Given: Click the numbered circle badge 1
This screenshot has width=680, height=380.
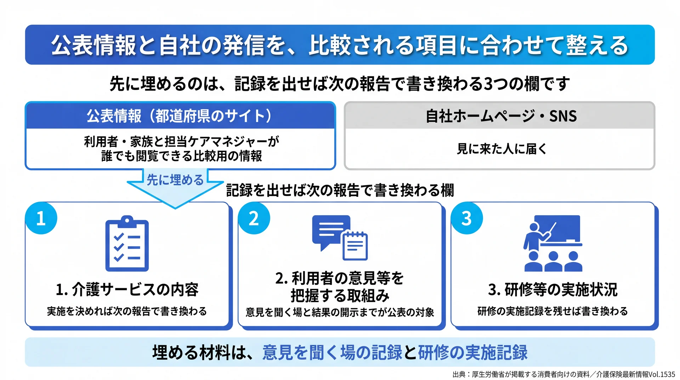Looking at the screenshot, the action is [x=41, y=218].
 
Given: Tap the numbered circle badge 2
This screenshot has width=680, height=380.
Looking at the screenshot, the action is [x=254, y=218].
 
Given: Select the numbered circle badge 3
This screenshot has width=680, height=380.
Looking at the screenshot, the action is [x=467, y=218].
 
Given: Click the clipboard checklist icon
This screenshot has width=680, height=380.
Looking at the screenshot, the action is [x=127, y=244].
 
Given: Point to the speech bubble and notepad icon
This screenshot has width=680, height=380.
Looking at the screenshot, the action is [x=340, y=238].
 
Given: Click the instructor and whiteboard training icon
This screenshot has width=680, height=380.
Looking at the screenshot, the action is [x=553, y=243].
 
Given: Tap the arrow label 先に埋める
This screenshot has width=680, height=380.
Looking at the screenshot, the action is [x=175, y=180].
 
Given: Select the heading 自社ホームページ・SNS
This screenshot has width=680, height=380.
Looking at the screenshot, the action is [x=501, y=116].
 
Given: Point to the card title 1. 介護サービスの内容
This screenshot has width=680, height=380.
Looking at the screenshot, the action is [x=127, y=290].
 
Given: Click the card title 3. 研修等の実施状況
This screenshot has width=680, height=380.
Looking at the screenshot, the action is [x=553, y=290].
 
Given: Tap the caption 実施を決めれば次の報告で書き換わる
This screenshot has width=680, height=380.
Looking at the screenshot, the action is [x=127, y=311].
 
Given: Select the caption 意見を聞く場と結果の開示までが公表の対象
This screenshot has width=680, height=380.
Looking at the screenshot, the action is [x=340, y=312].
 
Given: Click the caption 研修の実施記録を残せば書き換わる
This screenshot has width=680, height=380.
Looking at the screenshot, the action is [x=553, y=311].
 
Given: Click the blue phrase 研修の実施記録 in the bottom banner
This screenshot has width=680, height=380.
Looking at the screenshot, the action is [x=473, y=352].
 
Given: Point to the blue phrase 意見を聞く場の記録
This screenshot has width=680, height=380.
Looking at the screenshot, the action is [x=332, y=352].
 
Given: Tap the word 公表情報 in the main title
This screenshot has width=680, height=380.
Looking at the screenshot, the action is [x=94, y=45].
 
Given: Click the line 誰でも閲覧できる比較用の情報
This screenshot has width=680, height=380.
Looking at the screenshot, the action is [x=181, y=156].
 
